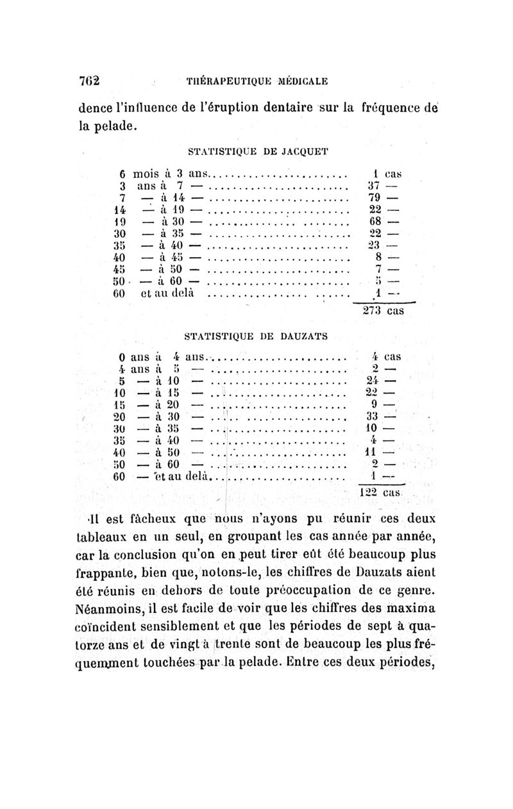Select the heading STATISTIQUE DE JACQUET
click(256, 152)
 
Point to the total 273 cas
click(382, 311)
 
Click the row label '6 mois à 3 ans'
click(163, 172)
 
